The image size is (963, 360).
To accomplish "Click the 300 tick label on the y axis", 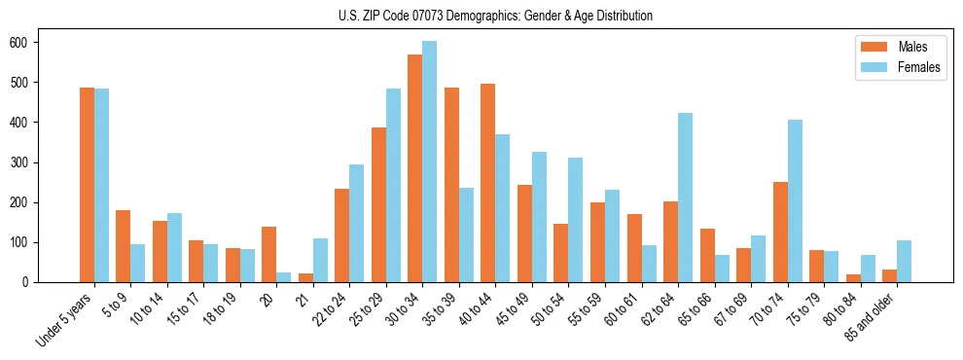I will click(x=18, y=162).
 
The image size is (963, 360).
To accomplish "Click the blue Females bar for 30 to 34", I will click(x=429, y=162).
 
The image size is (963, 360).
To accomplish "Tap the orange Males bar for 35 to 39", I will click(x=451, y=185).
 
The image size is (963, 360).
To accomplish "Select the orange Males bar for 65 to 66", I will click(x=707, y=255).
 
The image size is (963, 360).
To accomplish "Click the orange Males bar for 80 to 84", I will click(x=853, y=277).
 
